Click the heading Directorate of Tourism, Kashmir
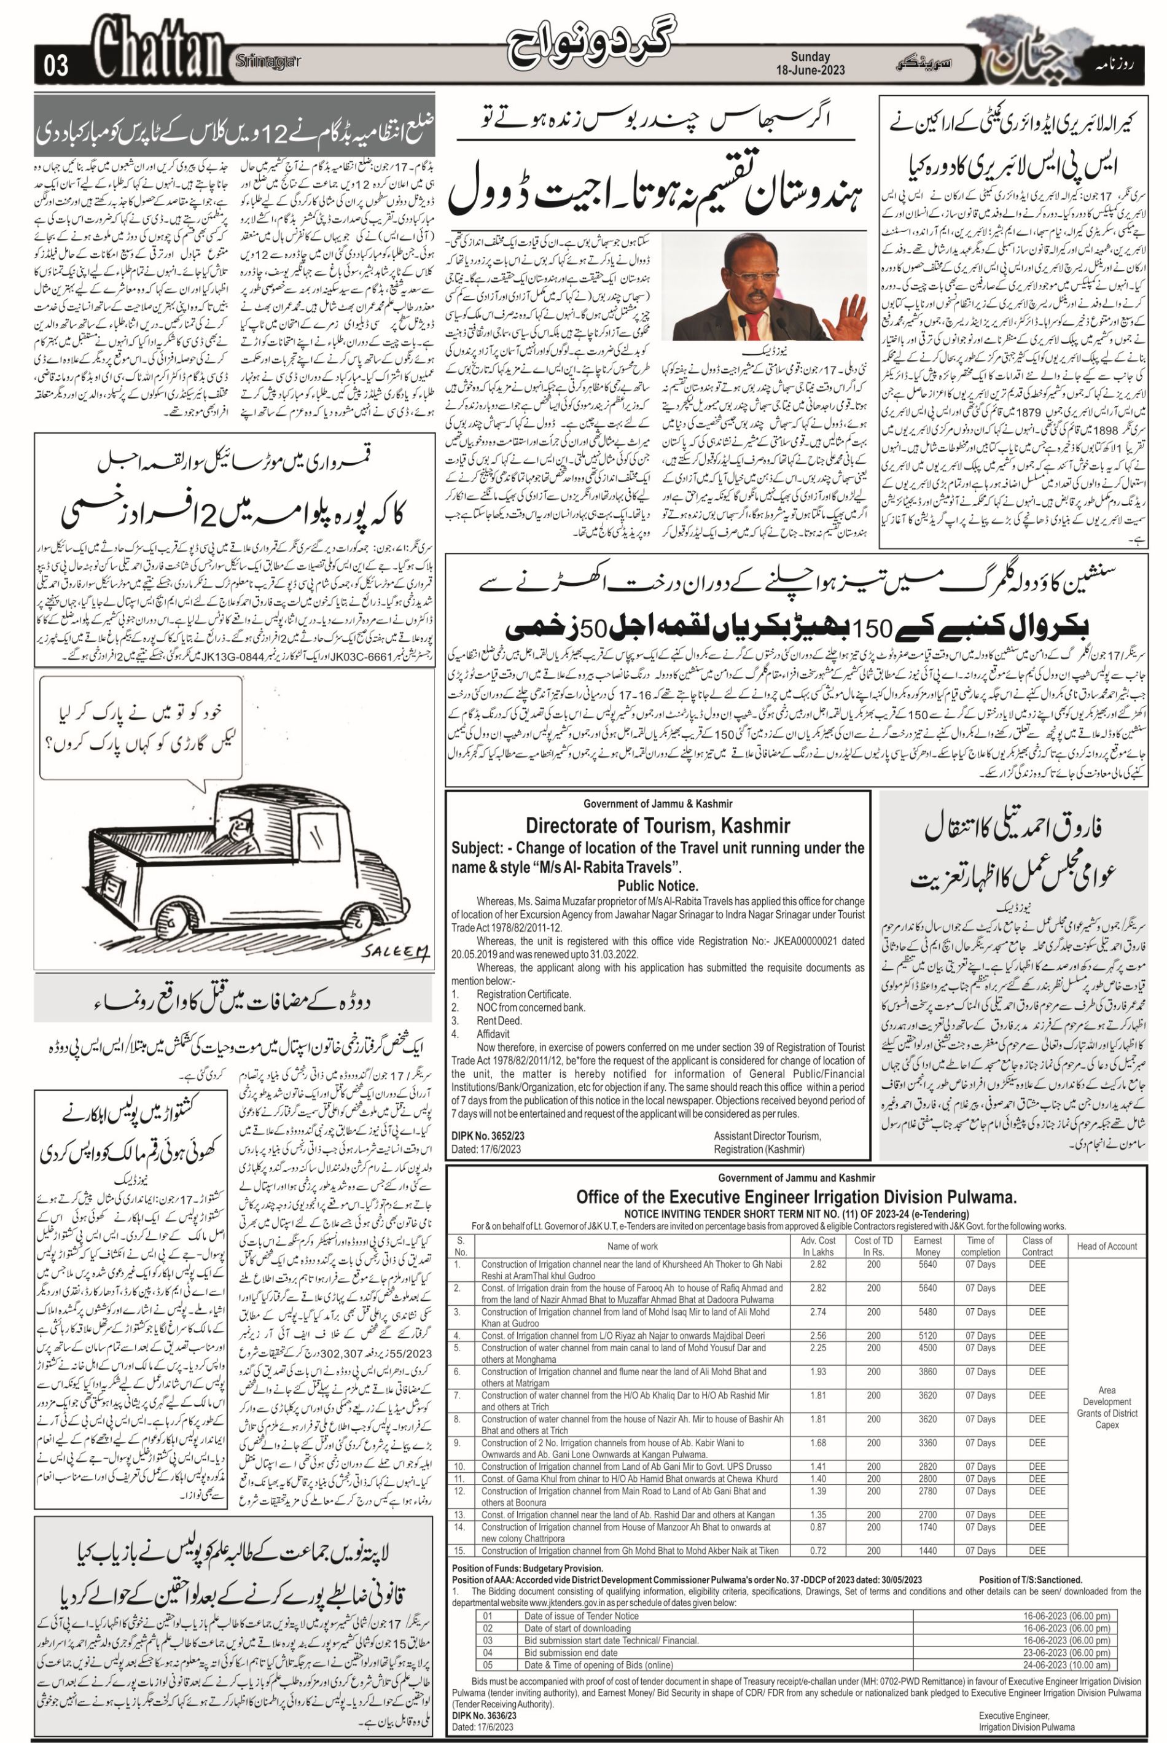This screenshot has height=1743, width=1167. (657, 825)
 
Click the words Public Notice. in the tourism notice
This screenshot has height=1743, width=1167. (657, 886)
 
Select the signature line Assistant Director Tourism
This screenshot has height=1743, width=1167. (767, 1136)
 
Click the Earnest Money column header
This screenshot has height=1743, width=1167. (927, 1246)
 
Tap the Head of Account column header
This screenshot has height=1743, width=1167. (1107, 1246)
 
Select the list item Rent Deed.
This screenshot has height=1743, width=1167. (499, 1020)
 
